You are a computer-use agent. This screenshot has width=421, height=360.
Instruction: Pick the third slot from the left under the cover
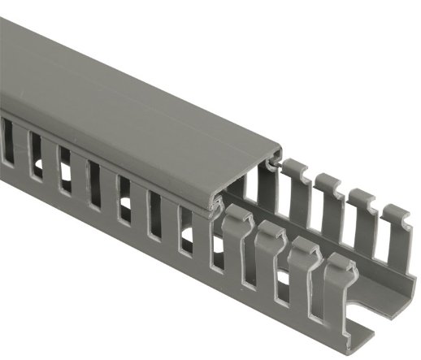[x=63, y=166]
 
